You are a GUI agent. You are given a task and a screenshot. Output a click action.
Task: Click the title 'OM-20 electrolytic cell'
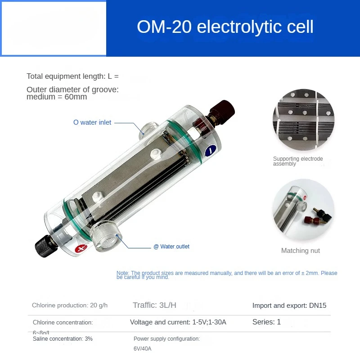225,27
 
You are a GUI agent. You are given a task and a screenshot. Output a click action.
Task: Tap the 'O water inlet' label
92,122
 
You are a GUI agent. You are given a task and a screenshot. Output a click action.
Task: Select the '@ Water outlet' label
171,247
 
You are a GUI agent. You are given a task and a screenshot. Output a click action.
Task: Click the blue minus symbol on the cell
209,151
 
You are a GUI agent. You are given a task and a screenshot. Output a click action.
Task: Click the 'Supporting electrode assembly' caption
298,161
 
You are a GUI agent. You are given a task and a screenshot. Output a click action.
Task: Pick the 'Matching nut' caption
301,251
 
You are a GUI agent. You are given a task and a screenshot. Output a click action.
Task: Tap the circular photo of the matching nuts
303,210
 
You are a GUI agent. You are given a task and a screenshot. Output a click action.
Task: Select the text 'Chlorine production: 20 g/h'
70,306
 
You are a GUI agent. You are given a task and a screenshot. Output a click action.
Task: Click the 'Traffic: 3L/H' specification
154,305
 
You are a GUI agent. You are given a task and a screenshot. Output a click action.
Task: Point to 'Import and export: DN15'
289,306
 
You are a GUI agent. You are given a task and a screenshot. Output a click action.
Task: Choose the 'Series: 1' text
266,322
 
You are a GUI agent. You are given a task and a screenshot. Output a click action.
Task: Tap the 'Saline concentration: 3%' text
63,338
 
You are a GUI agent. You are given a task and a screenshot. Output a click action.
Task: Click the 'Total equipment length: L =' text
72,76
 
